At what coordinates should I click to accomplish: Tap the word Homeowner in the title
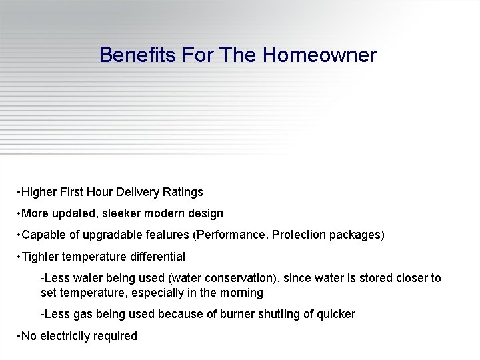click(x=320, y=55)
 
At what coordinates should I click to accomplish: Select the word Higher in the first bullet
click(x=39, y=192)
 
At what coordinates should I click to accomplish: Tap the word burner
click(x=241, y=314)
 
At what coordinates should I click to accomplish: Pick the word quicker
click(x=334, y=314)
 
